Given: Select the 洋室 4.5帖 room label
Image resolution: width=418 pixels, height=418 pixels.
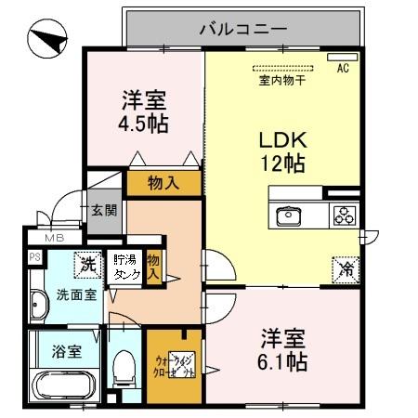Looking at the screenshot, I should coord(142,110).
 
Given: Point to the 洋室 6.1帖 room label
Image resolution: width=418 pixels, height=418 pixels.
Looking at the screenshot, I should coord(284,348).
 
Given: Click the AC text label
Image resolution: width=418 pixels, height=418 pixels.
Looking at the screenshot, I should coord(342,68).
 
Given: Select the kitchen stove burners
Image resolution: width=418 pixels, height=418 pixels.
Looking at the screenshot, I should coord(345,216).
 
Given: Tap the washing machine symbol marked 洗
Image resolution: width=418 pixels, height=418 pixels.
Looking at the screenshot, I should coord(89,263).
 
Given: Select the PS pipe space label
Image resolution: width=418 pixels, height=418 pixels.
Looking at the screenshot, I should coord(34,258).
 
